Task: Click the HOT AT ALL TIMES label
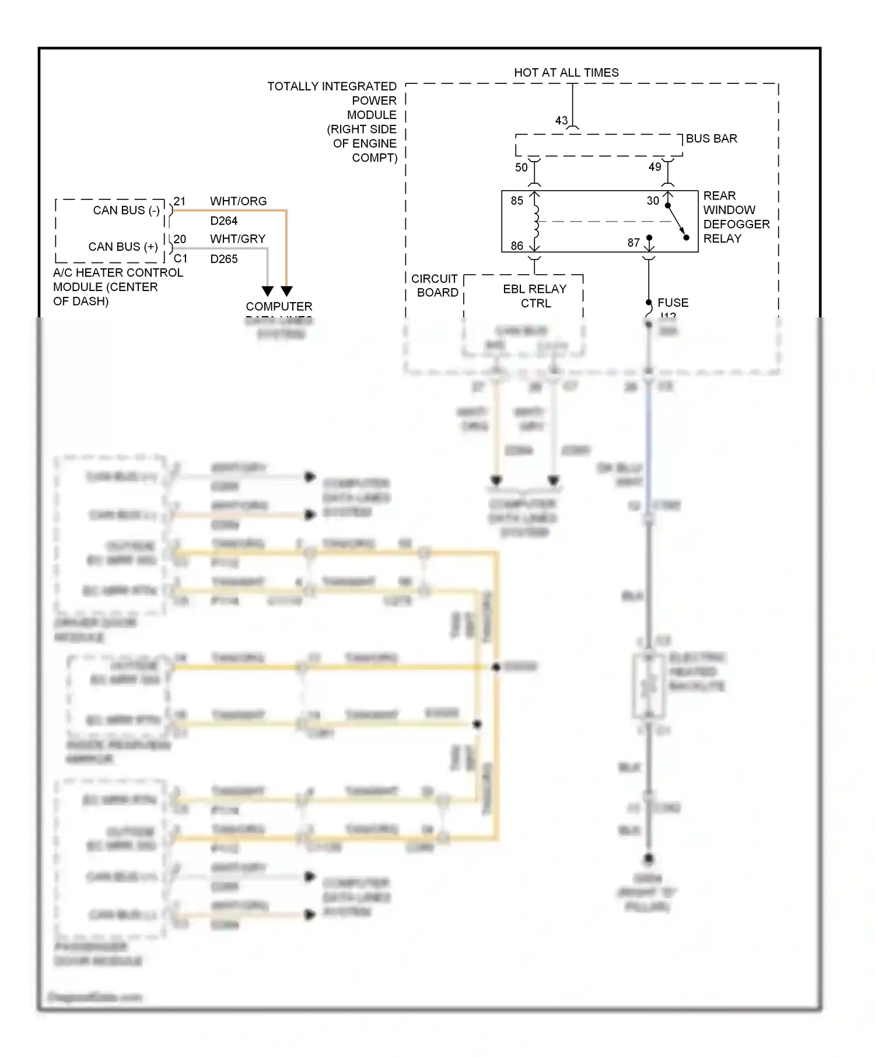click(566, 73)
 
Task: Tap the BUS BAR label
click(711, 139)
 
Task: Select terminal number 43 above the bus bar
click(561, 121)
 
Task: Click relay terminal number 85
click(517, 201)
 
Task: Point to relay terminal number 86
click(517, 246)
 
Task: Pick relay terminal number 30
click(653, 201)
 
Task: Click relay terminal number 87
click(633, 243)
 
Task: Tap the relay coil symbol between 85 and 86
click(535, 222)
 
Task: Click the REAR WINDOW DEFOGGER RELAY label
click(736, 217)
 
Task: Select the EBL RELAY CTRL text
click(535, 296)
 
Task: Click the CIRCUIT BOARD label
click(436, 286)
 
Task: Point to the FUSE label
click(673, 303)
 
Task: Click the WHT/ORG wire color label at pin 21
click(238, 201)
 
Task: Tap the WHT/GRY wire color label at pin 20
click(237, 239)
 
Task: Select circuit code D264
click(224, 221)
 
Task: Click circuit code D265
click(224, 259)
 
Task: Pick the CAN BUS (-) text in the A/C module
click(126, 211)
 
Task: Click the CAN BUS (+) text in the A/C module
click(123, 247)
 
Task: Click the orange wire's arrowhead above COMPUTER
click(286, 290)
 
